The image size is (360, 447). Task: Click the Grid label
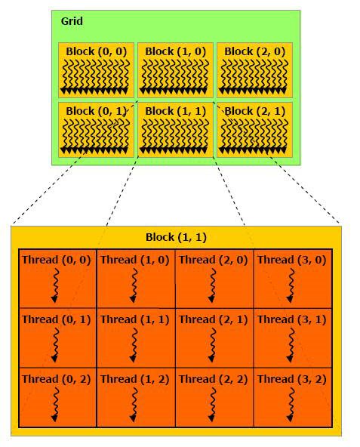(72, 21)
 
